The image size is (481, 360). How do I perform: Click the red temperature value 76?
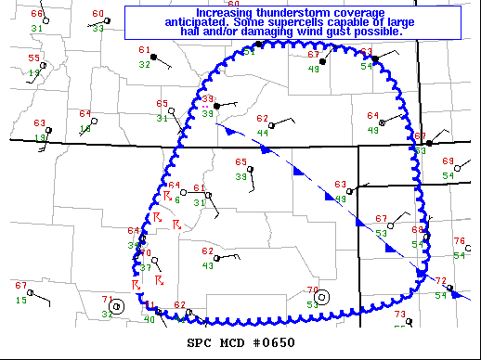click(459, 242)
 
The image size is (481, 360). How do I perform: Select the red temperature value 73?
click(399, 315)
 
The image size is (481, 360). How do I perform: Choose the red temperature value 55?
click(34, 59)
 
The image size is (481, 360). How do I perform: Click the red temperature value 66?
click(37, 15)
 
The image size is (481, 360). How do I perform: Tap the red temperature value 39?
click(208, 100)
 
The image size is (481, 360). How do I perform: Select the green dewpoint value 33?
click(97, 29)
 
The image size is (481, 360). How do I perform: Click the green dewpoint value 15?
click(21, 300)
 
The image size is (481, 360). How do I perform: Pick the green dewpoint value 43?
click(208, 266)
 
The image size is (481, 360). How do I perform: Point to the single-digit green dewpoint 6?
click(176, 200)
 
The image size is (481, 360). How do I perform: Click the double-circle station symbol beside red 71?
click(116, 306)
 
